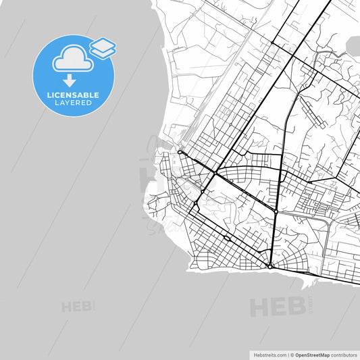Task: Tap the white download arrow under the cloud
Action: point(70,80)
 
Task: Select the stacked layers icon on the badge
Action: point(102,47)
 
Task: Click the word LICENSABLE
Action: point(74,95)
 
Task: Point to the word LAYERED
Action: point(74,103)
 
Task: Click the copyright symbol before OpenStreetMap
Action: point(292,354)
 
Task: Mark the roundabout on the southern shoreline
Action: point(270,267)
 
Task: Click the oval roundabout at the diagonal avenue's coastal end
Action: point(181,153)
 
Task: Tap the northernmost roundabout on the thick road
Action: point(272,43)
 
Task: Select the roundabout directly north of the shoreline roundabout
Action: point(276,212)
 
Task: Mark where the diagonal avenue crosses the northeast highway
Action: point(215,174)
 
